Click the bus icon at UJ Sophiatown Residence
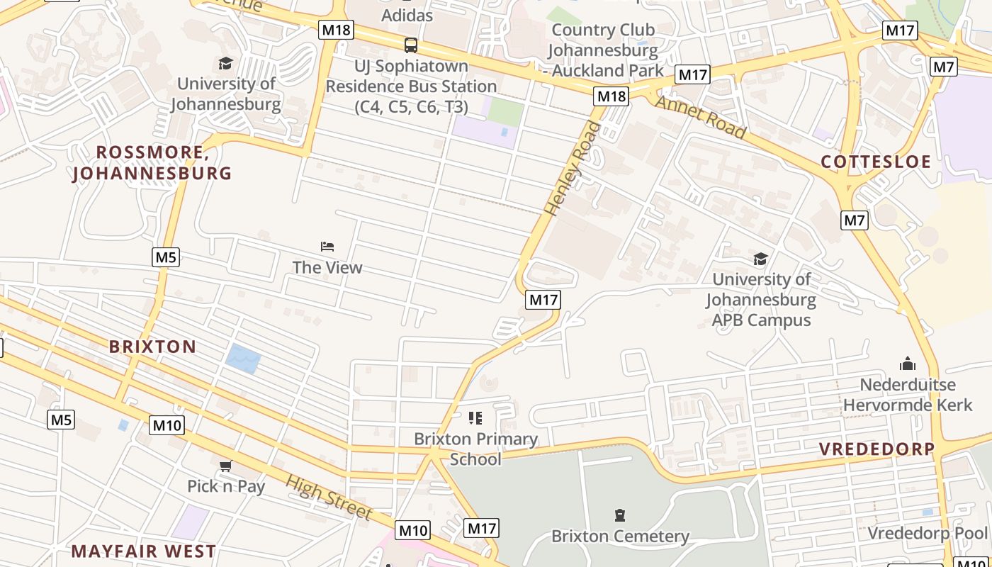(410, 45)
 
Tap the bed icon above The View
(327, 247)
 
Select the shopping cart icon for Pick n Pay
(225, 466)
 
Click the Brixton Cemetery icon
(620, 515)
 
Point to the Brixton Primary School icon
(475, 418)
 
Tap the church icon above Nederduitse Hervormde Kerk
(907, 364)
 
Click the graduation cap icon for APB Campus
(760, 259)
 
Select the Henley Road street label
(573, 169)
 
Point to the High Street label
(329, 497)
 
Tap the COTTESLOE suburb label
(876, 162)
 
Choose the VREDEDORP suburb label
(877, 449)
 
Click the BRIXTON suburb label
(152, 347)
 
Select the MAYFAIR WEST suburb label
(144, 551)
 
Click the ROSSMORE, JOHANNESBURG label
(152, 163)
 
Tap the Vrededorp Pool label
(928, 533)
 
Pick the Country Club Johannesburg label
(604, 50)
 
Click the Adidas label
(407, 14)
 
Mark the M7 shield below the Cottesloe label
(855, 220)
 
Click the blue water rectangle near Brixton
(243, 358)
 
